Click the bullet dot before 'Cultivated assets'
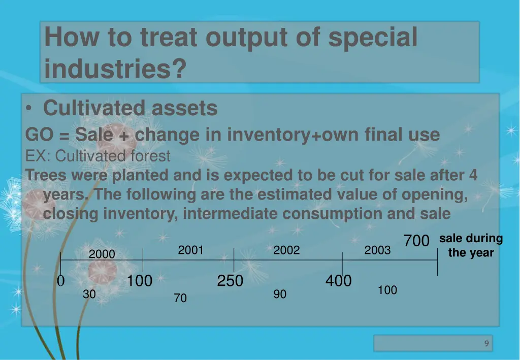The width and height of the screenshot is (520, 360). [x=31, y=109]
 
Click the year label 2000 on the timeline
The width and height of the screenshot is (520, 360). [x=102, y=254]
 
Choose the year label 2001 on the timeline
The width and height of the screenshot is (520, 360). [x=191, y=250]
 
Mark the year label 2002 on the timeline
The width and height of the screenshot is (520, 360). [x=286, y=250]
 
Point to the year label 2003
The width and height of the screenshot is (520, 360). [x=377, y=250]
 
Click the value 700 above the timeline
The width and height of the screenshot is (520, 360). [x=416, y=241]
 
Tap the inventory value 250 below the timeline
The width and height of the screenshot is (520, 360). [x=230, y=281]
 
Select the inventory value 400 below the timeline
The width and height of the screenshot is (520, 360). [x=339, y=280]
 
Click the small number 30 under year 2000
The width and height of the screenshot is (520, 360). [x=89, y=294]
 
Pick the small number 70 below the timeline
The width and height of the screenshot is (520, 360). [x=180, y=299]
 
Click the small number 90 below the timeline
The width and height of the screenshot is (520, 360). [x=280, y=294]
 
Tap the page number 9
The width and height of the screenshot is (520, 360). [x=486, y=344]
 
